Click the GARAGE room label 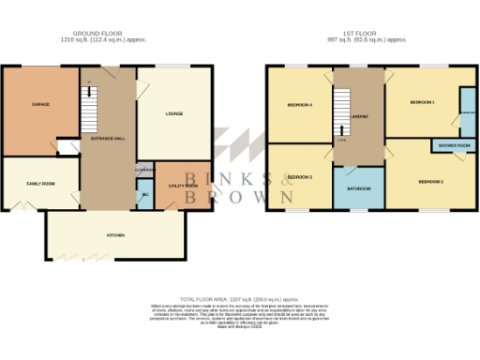click(40, 103)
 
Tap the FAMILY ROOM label click(40, 183)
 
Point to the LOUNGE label click(174, 114)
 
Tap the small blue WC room click(144, 196)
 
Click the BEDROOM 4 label click(299, 105)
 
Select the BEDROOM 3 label click(299, 176)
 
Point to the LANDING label click(358, 116)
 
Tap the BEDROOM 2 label click(430, 180)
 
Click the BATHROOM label click(357, 188)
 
